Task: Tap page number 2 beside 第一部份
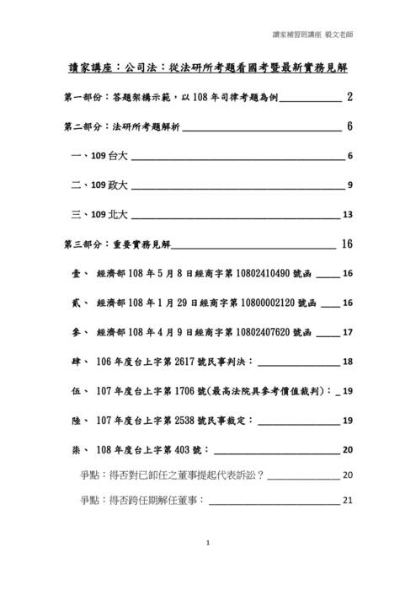(349, 99)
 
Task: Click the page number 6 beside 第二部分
(349, 127)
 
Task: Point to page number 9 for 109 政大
(349, 186)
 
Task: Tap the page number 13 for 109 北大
(347, 215)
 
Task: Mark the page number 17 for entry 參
(347, 333)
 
